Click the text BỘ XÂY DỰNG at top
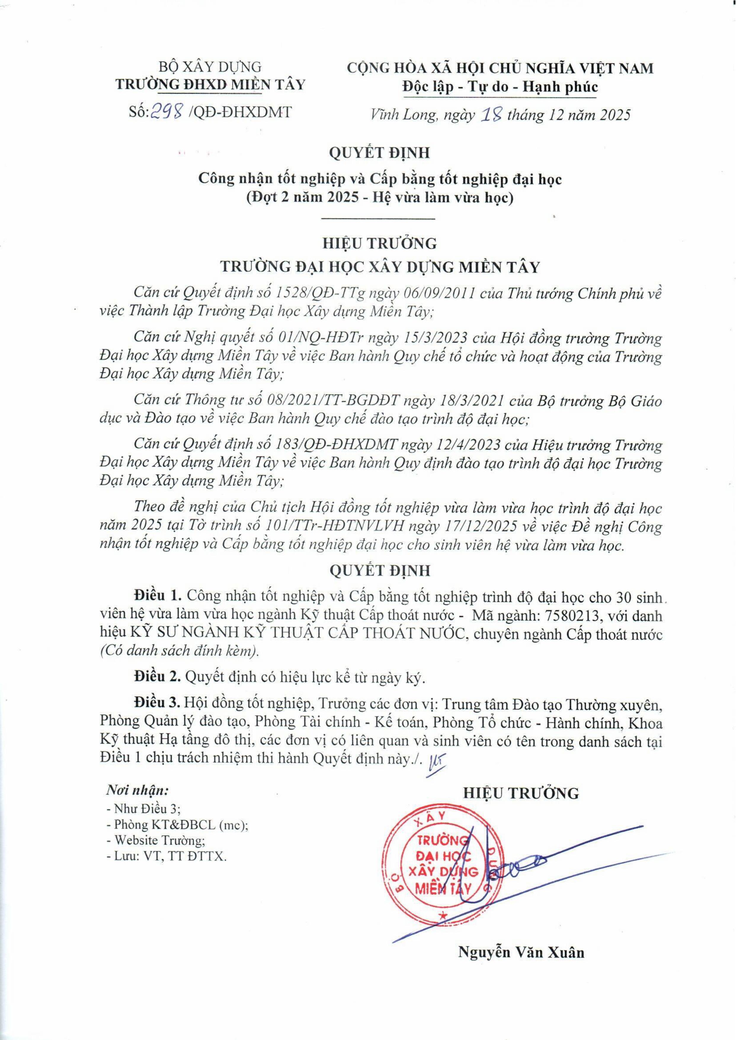(x=210, y=67)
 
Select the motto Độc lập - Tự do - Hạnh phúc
(x=500, y=86)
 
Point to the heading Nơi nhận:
(x=137, y=791)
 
